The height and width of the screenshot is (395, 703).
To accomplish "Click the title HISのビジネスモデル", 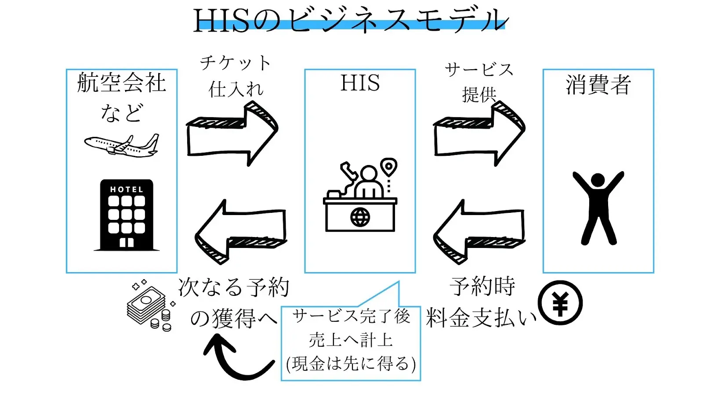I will [x=351, y=20].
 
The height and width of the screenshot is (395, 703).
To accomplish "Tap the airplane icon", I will [x=122, y=146].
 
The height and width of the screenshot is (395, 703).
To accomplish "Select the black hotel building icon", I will [x=127, y=215].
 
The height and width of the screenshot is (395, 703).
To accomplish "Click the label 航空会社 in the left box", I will [x=122, y=83].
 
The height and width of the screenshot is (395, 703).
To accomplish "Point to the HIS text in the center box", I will [x=360, y=83].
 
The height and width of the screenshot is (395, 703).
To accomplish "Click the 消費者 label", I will [x=598, y=85].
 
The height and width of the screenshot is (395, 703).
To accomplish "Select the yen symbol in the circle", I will [x=560, y=303].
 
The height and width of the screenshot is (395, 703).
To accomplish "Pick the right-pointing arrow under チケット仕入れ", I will [x=232, y=134].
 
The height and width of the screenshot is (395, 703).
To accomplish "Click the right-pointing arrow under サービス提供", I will [x=479, y=134].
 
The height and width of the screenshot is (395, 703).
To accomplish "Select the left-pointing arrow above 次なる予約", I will [x=240, y=231].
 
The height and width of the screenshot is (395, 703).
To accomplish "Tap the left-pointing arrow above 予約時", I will [x=479, y=231].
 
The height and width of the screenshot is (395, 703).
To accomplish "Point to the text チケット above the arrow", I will [x=236, y=63].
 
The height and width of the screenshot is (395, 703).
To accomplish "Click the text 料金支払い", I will [x=481, y=318].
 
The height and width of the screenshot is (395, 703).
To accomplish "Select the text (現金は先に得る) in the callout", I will [x=351, y=363].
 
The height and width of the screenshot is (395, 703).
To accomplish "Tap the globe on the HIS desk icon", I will [x=360, y=217].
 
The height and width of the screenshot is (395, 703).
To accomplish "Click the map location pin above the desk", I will [x=388, y=167].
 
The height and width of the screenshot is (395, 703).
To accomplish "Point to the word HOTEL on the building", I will [x=127, y=190].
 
